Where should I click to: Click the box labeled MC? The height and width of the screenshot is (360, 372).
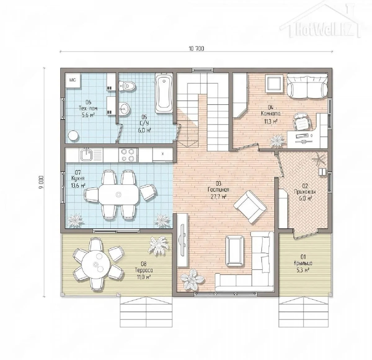pos(73,80)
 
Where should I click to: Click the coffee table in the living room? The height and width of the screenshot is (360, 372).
pos(235,251)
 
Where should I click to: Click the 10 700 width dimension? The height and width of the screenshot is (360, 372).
pos(196,49)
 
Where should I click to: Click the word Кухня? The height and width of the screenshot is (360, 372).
pos(78,178)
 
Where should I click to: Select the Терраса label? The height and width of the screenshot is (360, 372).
pos(144,270)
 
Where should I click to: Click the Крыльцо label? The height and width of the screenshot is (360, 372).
pos(303,263)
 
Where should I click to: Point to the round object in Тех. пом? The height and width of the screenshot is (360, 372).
pos(73,136)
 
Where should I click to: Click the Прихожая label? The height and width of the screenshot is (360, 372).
pos(305,192)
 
